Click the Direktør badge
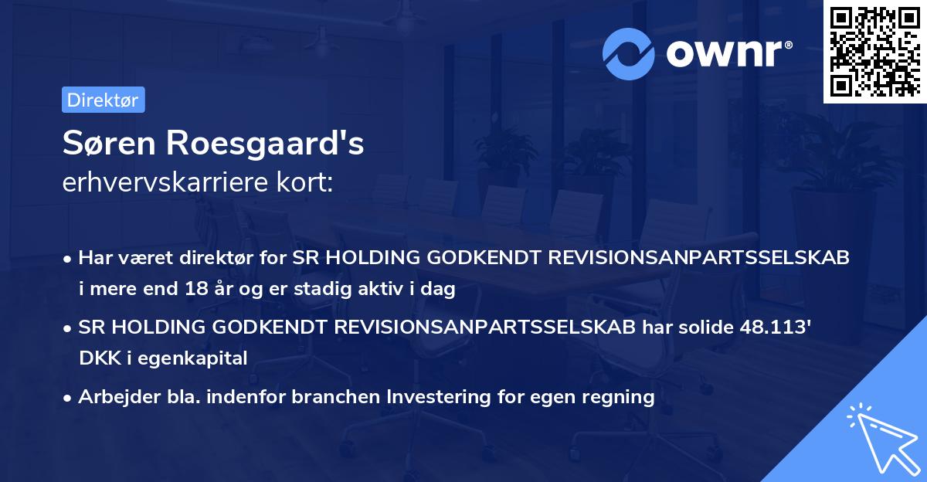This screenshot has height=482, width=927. point(103,100)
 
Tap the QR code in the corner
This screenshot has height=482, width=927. point(874,51)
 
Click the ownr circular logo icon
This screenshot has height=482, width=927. point(629,53)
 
